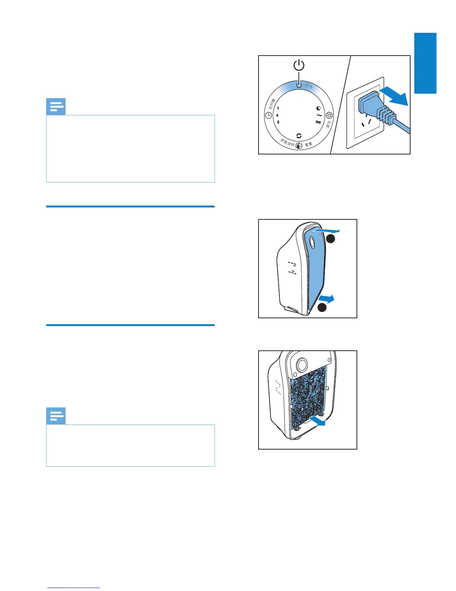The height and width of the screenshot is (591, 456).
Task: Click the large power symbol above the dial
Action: point(299,66)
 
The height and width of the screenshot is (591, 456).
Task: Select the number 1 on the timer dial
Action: point(278,109)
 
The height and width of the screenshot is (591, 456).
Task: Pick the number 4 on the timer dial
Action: point(277,115)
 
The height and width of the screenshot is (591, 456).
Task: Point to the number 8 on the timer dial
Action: point(278,122)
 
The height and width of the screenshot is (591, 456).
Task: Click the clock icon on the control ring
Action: point(269,115)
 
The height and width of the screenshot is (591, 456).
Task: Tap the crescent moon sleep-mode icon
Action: point(319,108)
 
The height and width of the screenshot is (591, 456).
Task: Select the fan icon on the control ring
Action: point(329,115)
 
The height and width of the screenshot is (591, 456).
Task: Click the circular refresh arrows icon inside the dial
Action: point(299,136)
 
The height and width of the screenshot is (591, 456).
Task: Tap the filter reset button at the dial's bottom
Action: point(299,146)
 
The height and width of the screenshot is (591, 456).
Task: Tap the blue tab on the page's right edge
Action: point(425,63)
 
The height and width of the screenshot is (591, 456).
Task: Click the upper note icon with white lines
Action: point(56,107)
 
